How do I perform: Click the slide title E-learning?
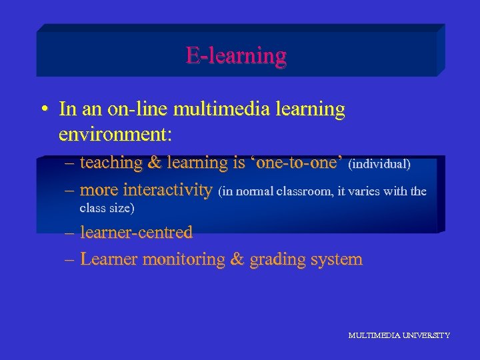tap(236, 55)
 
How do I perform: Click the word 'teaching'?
tap(111, 163)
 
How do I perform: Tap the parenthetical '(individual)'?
tap(379, 163)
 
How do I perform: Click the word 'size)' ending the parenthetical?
tap(121, 208)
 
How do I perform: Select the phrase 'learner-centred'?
tap(136, 233)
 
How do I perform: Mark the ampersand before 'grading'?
tap(237, 259)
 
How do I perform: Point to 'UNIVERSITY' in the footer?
tap(425, 335)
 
